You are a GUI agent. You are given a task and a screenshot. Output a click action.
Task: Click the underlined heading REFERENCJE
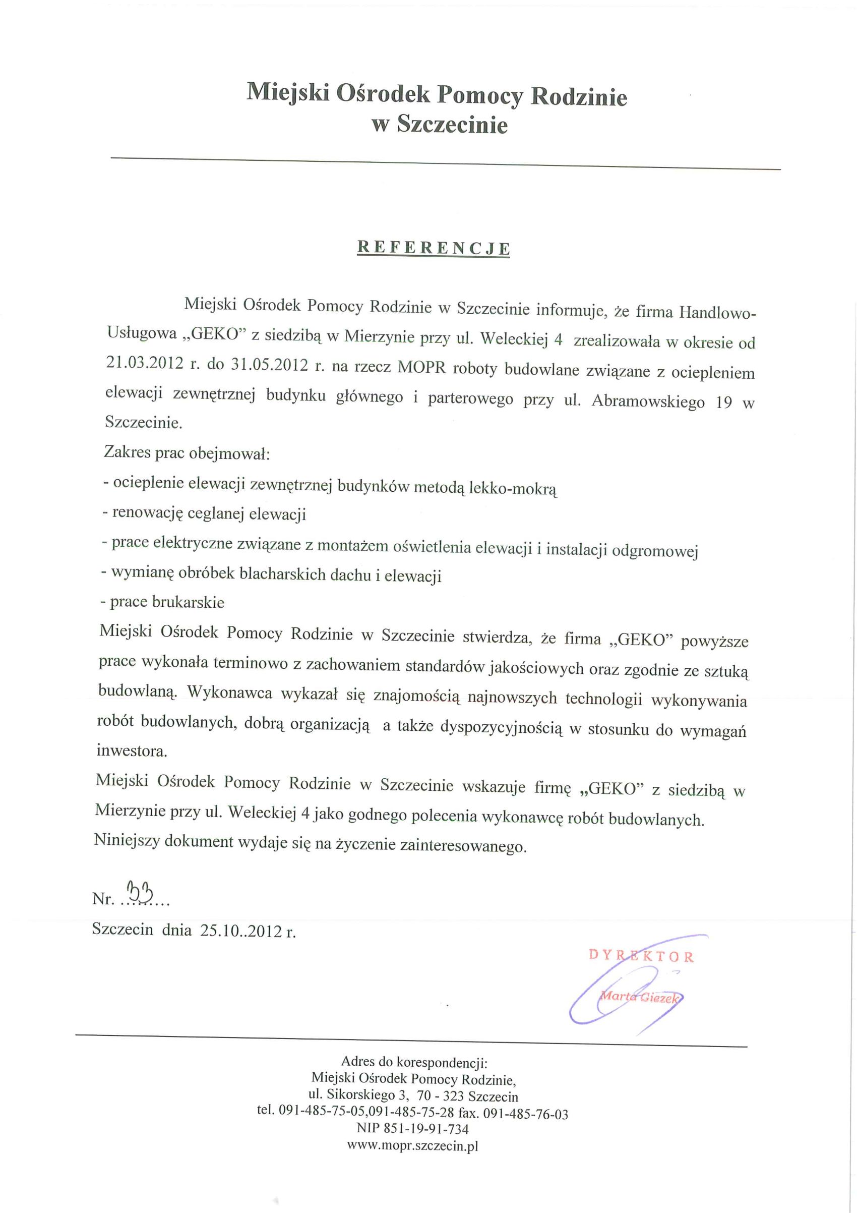[x=434, y=248]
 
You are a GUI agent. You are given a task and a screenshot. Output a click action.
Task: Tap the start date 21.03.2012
[x=144, y=364]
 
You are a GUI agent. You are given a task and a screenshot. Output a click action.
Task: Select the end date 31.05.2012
[x=269, y=365]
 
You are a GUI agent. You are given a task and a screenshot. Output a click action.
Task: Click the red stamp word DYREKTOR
[x=641, y=956]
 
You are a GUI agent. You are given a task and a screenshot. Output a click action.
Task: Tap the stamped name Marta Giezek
[x=640, y=998]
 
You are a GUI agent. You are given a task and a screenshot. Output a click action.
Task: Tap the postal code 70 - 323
[x=440, y=1096]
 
